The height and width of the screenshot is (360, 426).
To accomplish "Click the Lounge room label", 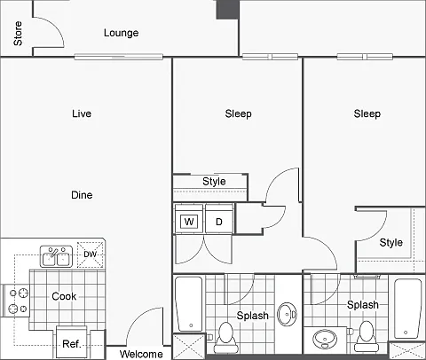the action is coord(121,33).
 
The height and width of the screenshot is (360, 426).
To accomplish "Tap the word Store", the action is coord(18,34).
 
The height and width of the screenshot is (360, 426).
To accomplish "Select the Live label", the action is coord(82,113).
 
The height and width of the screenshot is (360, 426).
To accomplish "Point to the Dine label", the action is coord(82,195).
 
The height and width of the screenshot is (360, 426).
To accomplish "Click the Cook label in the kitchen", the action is coord(64,296).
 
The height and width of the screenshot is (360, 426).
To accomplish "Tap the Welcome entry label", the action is coord(141,354).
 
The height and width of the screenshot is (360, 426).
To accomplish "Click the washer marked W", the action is coord(189,222).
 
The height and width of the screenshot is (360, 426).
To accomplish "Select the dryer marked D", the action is coord(219,222).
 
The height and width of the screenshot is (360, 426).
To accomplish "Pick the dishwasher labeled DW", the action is coord(91,254).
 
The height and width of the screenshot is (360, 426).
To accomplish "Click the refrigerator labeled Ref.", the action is coord(72,343).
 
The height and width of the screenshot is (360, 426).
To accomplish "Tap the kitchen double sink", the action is coord(56,256).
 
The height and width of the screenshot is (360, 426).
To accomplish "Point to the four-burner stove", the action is coord(16,301).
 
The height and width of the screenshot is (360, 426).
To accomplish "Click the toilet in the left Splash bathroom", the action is coord(225,337).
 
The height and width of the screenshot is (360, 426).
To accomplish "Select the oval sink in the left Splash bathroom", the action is coord(287,314).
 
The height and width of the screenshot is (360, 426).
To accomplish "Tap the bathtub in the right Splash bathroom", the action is coord(407,309).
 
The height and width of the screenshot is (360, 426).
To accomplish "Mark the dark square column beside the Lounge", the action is coord(227,10).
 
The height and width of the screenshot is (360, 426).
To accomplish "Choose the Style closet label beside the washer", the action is coord(214,181).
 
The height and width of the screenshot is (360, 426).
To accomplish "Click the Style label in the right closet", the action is coord(391,243).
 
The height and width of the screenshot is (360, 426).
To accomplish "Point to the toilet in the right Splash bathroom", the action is coord(366,336).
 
